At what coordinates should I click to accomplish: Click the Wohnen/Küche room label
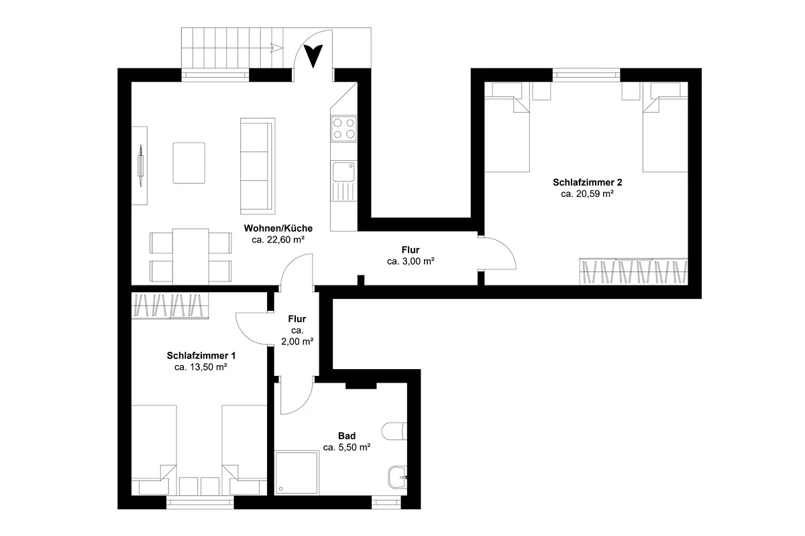pos(278,228)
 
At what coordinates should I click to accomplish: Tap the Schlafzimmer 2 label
pos(587,182)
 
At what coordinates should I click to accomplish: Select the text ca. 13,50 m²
pos(201,367)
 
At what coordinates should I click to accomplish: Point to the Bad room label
pos(347,436)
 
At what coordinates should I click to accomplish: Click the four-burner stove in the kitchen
pos(344,129)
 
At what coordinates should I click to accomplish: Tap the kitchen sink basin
pos(343,172)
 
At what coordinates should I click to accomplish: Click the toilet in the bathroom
pos(394,431)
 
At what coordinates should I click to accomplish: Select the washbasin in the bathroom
pos(397,478)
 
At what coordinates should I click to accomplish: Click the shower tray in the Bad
pos(297,473)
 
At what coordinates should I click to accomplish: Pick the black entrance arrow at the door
pos(313,56)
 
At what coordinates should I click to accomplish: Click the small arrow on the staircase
pos(276,48)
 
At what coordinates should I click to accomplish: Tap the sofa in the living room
pos(258,166)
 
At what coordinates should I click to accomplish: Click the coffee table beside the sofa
pos(189,163)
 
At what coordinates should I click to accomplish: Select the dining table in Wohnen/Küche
pos(191,257)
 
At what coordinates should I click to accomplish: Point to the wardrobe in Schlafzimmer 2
pos(633,271)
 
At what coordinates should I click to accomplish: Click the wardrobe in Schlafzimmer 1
pos(170,305)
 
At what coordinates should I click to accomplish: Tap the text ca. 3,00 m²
pos(411,261)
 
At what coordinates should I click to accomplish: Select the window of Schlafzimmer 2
pos(586,75)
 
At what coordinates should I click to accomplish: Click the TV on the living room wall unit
pos(141,165)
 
